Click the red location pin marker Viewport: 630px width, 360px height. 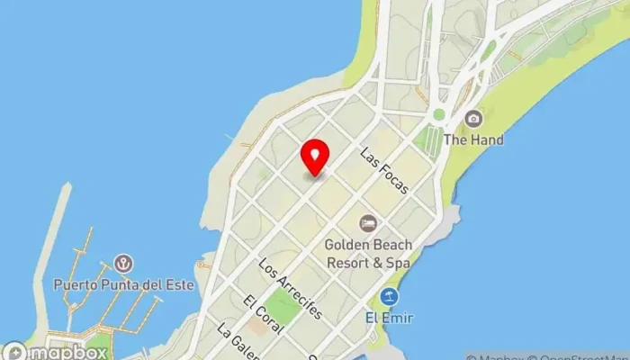315,157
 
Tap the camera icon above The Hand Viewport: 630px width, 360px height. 473,118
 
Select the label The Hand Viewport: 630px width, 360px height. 473,140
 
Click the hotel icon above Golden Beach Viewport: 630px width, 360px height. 367,222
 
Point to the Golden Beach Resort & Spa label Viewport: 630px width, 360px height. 368,254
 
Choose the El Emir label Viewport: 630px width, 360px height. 389,317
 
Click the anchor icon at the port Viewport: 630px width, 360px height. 124,264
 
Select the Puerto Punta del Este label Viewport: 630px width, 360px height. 124,284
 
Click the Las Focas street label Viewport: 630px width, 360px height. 384,171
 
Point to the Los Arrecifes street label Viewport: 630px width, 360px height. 290,289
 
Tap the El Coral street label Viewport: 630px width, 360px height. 261,313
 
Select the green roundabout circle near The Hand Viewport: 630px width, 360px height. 438,114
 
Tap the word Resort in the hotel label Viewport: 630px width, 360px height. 352,263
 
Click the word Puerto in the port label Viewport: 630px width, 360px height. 76,284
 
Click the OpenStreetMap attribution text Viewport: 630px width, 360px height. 584,355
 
